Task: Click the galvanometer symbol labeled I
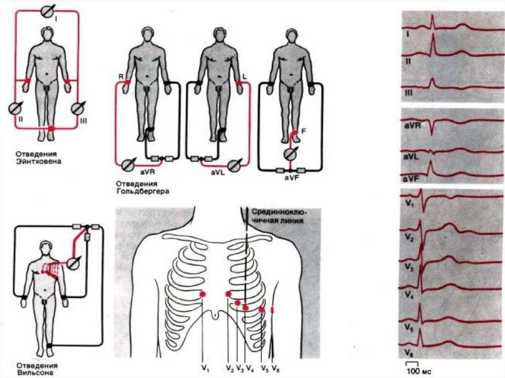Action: click(x=47, y=10)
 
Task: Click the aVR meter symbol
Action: click(x=130, y=164)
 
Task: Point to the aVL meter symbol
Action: click(x=235, y=164)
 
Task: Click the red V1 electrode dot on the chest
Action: click(x=203, y=294)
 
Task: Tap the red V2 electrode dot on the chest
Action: click(x=228, y=294)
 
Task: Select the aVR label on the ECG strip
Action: click(x=411, y=126)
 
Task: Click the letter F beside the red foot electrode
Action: click(x=304, y=132)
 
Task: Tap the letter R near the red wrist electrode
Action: click(x=119, y=77)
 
